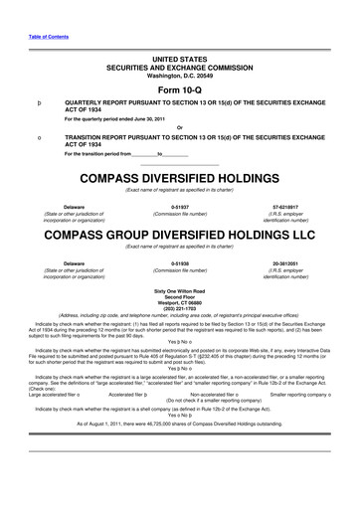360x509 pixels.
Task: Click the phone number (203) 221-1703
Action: (x=179, y=307)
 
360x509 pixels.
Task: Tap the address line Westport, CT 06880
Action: (x=179, y=300)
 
